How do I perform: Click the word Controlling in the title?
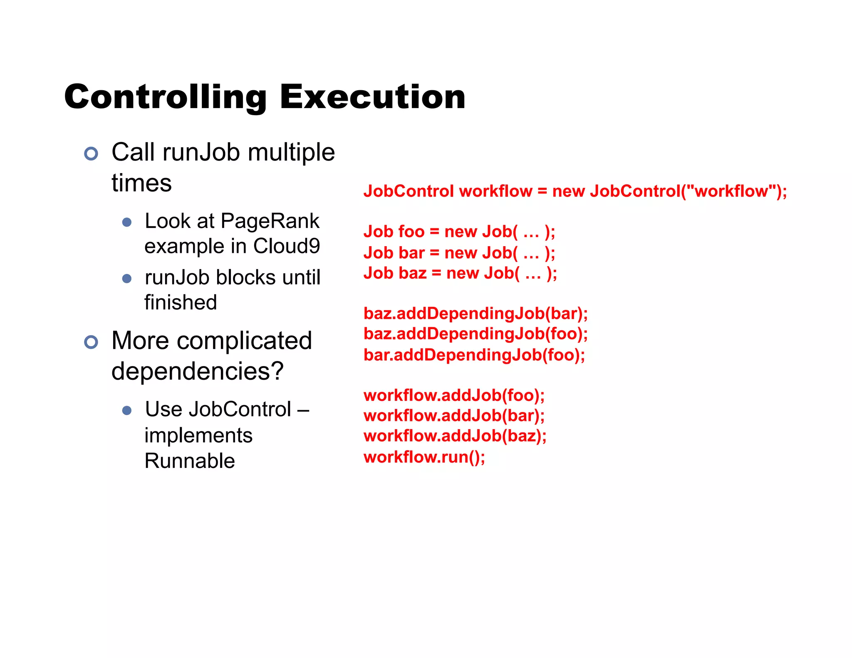(x=166, y=97)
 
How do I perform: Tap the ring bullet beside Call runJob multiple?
(x=91, y=153)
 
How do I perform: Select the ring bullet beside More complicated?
(x=91, y=342)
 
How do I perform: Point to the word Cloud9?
(x=287, y=246)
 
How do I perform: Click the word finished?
(x=181, y=302)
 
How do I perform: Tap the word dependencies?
(x=198, y=371)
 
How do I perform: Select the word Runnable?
(x=190, y=461)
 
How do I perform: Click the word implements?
(x=198, y=435)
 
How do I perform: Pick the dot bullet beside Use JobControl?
(x=127, y=411)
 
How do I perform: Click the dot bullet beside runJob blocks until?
(x=127, y=278)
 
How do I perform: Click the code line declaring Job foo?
(x=459, y=232)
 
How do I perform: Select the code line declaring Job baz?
(x=460, y=273)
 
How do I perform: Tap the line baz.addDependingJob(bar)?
(x=476, y=314)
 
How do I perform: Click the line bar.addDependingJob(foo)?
(x=474, y=355)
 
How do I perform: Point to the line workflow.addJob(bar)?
(x=454, y=416)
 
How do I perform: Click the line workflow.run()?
(x=424, y=457)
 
